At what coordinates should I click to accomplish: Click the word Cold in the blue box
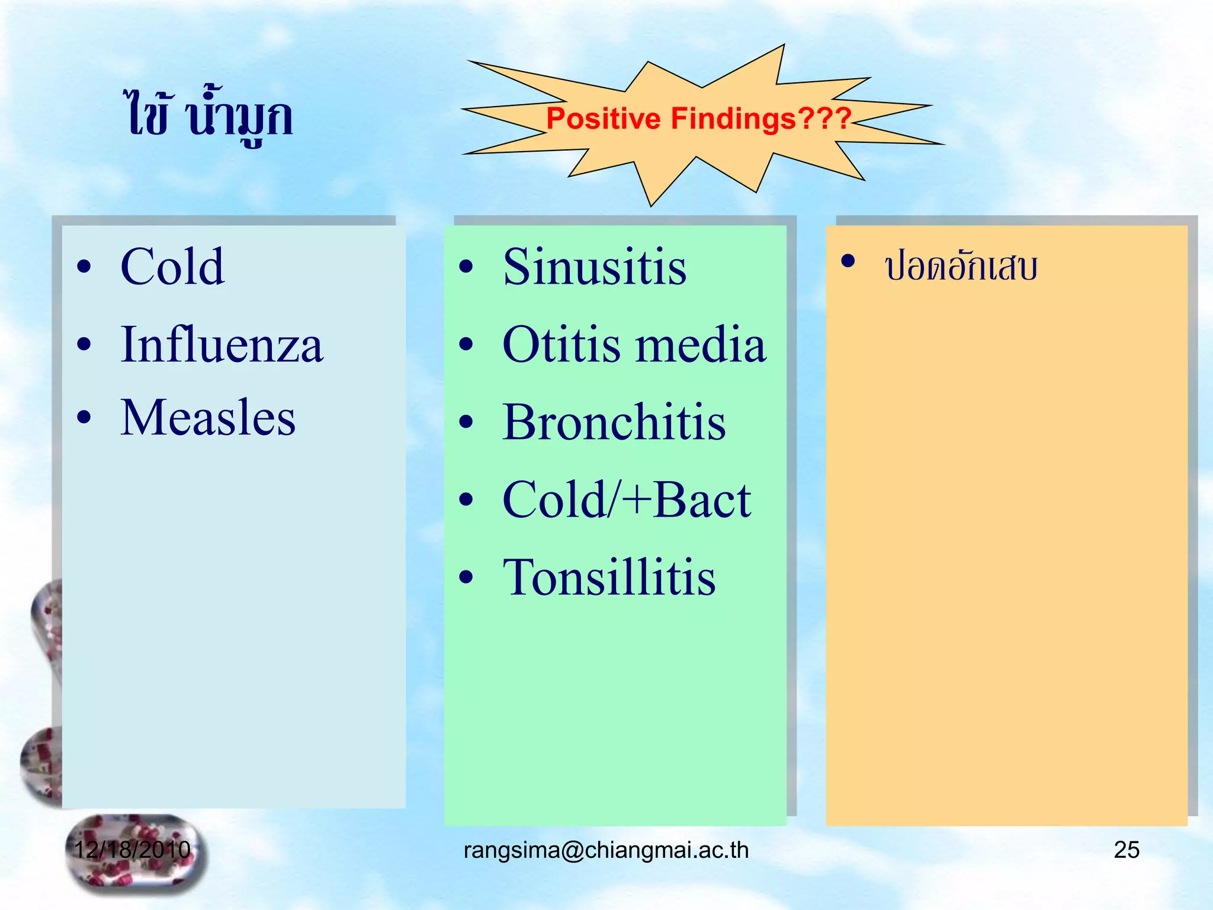tap(172, 268)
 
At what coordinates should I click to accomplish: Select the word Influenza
tap(222, 345)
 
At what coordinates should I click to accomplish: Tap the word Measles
tap(207, 418)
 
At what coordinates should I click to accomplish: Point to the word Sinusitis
tap(594, 268)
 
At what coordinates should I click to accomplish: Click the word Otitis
tap(561, 345)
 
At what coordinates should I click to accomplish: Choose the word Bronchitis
tap(614, 422)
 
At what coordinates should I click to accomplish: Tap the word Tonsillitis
tap(609, 578)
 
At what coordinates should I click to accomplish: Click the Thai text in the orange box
tap(961, 267)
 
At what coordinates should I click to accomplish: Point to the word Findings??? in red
tap(761, 118)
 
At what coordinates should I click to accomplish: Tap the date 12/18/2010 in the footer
tap(132, 850)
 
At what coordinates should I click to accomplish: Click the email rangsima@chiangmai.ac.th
tap(606, 850)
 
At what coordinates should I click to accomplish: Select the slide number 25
tap(1127, 850)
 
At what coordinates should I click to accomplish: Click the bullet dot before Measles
tap(85, 418)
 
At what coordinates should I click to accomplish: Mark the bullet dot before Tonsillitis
tap(467, 577)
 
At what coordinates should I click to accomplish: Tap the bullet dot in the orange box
tap(848, 261)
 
